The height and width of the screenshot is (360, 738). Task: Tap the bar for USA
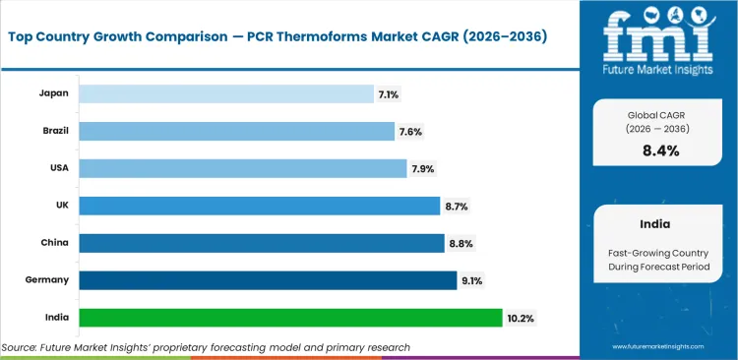click(242, 168)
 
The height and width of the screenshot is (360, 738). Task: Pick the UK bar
click(259, 206)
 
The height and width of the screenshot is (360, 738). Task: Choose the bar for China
click(261, 243)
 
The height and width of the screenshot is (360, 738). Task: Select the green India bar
click(290, 318)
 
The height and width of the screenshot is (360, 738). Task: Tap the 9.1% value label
click(472, 280)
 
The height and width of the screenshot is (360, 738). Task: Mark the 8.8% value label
click(461, 243)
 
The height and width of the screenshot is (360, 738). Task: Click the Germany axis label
click(48, 280)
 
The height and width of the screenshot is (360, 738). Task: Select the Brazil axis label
click(55, 131)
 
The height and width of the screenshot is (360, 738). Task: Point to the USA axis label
click(58, 168)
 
